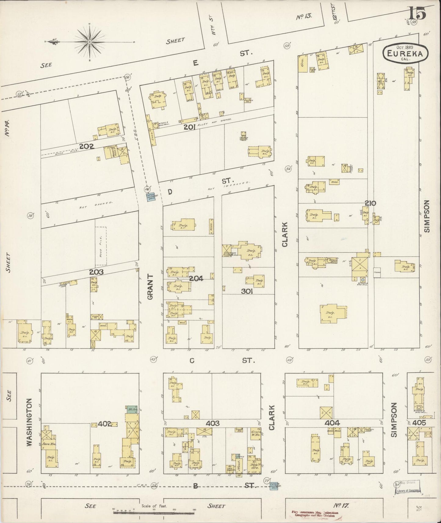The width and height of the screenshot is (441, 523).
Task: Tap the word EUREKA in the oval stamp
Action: pos(405,54)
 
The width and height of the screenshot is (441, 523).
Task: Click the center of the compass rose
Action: pos(90,41)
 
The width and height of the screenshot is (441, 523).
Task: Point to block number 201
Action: pos(189,128)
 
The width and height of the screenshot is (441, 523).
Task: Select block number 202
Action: pos(87,146)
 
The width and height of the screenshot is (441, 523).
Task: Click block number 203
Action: pos(96,272)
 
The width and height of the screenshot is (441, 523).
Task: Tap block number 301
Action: pos(247,291)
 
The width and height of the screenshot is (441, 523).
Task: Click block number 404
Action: pos(332,423)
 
